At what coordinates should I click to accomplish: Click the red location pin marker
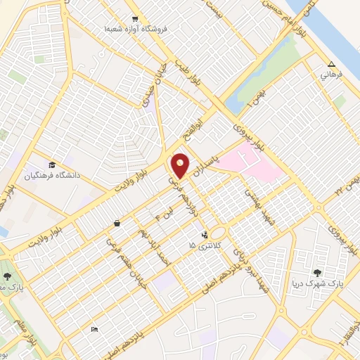181,165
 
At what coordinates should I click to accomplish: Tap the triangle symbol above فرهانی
331,64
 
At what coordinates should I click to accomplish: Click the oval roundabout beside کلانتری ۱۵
219,233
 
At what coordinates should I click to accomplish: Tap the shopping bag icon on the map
116,223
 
